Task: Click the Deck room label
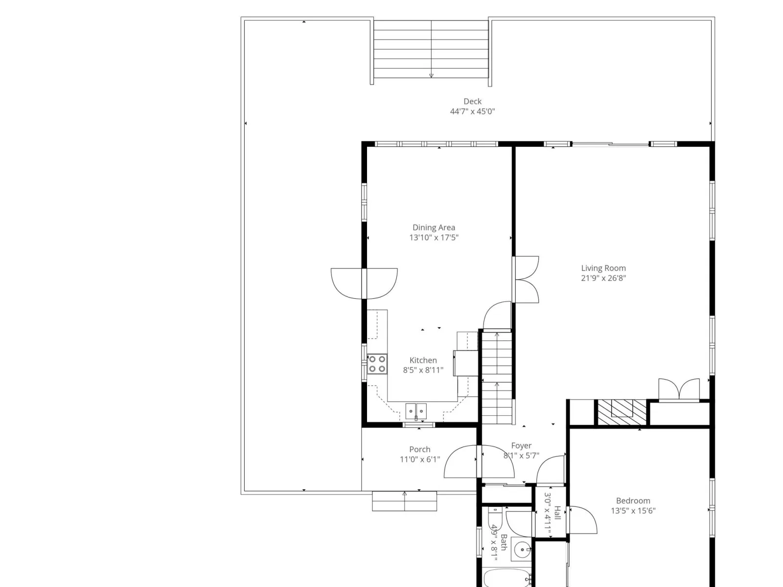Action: (x=472, y=102)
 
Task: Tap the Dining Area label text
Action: (x=434, y=227)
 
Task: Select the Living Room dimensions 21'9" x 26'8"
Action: (x=603, y=278)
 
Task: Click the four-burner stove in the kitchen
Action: (x=377, y=364)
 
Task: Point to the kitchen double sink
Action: (x=416, y=412)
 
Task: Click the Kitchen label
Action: (x=423, y=360)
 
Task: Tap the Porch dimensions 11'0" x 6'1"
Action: (x=420, y=459)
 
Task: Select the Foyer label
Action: (x=521, y=446)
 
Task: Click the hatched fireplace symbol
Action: (x=622, y=412)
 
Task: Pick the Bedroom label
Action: (x=633, y=501)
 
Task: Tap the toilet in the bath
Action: (x=495, y=520)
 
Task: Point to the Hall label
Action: (x=557, y=513)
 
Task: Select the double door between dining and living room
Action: (x=526, y=279)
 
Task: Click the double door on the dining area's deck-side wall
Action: (x=364, y=283)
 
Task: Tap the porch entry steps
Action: (x=404, y=501)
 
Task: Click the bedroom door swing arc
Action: (x=583, y=520)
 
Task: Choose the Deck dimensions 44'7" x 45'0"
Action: (x=472, y=112)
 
